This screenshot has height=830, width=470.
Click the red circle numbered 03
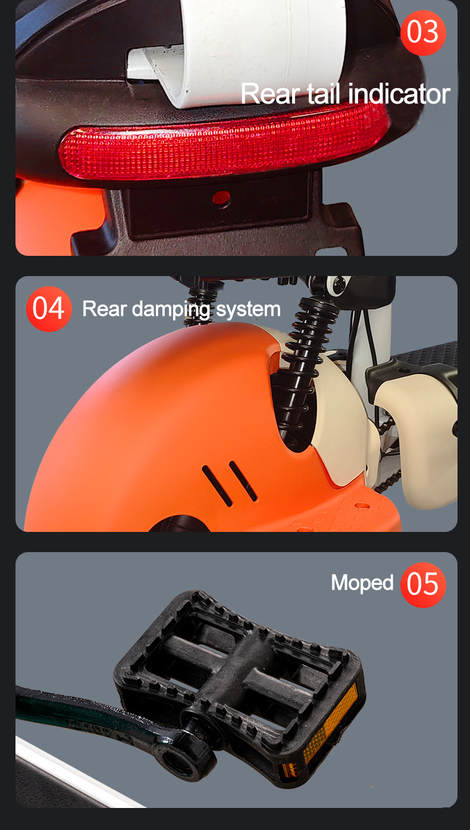(423, 32)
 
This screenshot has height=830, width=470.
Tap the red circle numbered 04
(49, 309)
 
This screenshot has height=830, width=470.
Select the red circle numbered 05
(423, 584)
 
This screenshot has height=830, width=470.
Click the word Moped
(362, 583)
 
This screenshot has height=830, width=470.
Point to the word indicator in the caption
(399, 94)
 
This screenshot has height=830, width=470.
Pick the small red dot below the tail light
(221, 196)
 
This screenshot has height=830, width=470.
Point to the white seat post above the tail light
(256, 48)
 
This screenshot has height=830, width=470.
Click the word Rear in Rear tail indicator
(265, 94)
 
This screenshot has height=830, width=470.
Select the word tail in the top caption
(324, 94)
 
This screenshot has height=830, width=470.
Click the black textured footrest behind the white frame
(428, 357)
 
